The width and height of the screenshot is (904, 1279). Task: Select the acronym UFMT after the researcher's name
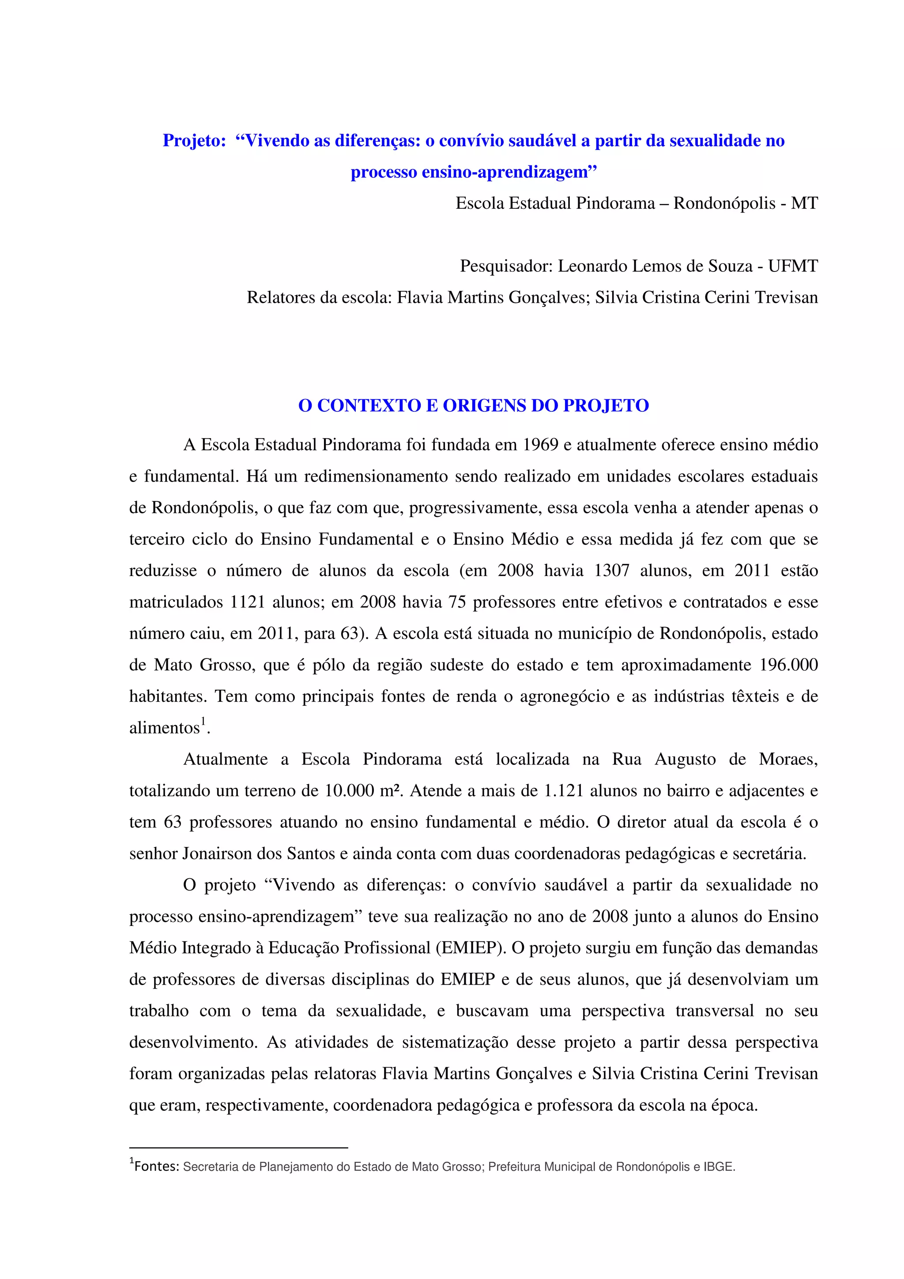pyautogui.click(x=793, y=266)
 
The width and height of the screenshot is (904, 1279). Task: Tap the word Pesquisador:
pyautogui.click(x=506, y=266)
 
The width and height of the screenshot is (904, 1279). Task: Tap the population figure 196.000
pyautogui.click(x=789, y=665)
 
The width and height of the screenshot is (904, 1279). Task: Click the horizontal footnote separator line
pyautogui.click(x=238, y=1148)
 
